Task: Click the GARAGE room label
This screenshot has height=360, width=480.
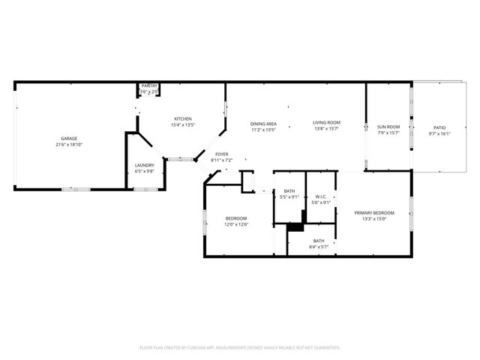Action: tap(69, 139)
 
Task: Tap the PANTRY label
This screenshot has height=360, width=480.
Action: tap(150, 86)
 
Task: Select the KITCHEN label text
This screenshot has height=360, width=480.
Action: tap(183, 119)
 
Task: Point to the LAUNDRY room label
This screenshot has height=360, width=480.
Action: tap(144, 166)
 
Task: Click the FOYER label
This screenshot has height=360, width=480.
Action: tap(222, 154)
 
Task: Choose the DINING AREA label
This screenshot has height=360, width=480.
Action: tap(263, 123)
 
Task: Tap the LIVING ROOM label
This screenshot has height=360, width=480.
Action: tap(327, 123)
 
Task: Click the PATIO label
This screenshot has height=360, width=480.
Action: tap(439, 128)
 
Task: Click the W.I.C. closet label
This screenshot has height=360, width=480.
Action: tap(320, 196)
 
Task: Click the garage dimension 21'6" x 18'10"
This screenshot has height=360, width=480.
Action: tap(69, 145)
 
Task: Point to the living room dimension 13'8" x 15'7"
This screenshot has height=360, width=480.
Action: tap(327, 128)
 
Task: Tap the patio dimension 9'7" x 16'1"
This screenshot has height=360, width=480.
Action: tap(439, 133)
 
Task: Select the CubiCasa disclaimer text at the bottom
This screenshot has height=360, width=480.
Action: tap(240, 348)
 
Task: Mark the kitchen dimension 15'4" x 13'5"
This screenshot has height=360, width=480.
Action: tap(183, 124)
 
